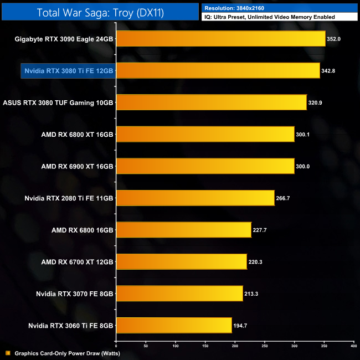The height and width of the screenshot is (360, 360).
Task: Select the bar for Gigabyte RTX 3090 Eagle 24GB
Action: point(220,39)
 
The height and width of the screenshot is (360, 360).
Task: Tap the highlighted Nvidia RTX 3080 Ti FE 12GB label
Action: point(68,71)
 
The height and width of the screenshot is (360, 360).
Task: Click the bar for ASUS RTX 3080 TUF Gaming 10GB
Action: point(211,102)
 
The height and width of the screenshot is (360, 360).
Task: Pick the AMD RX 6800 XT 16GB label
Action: point(77,135)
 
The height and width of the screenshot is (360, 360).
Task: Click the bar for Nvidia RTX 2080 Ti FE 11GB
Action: point(195,198)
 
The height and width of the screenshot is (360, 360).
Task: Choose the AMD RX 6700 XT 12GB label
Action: point(77,261)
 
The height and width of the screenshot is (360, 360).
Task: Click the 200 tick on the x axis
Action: point(235,346)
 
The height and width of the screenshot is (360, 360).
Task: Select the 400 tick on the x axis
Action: point(353,346)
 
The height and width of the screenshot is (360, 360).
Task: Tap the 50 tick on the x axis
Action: point(146,346)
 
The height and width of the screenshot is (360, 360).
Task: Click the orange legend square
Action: point(8,353)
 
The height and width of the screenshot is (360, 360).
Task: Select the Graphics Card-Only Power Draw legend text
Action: point(67,353)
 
